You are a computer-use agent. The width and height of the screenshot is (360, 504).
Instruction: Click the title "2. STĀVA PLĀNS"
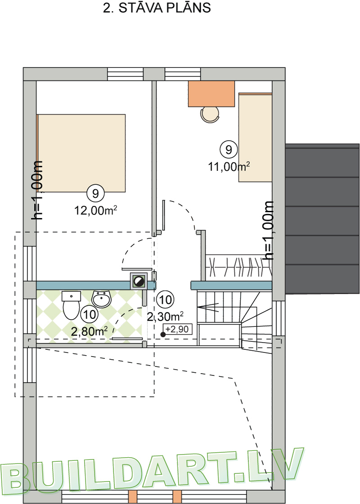pos(157,9)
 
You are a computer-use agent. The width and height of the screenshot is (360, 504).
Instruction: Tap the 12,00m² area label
pos(96,210)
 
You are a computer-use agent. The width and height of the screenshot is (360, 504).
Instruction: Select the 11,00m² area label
pos(229,167)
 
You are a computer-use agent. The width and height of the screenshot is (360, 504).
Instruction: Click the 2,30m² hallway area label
pos(165,316)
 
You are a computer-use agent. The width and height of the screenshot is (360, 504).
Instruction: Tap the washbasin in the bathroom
pos(102,299)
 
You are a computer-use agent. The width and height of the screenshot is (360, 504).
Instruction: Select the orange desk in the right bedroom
pos(211,94)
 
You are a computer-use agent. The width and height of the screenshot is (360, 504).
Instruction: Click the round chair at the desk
pos(211,115)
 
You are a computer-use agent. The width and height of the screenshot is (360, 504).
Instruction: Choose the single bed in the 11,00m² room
pos(255,138)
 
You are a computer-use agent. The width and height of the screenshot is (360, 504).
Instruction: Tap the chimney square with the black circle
pos(139,281)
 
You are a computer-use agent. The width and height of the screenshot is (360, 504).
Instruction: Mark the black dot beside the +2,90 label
pos(163,335)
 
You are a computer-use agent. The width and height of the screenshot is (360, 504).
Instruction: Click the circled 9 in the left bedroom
pos(95,194)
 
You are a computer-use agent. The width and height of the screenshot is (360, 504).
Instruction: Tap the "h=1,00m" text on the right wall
pos(269,230)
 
